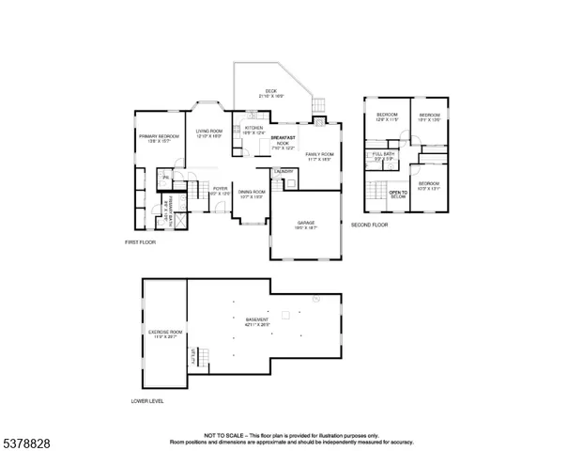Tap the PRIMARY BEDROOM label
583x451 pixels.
pyautogui.click(x=160, y=137)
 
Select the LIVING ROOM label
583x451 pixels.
pyautogui.click(x=208, y=132)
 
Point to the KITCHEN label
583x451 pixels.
pyautogui.click(x=253, y=128)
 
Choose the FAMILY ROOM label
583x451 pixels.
pyautogui.click(x=319, y=154)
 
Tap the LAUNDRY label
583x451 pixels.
pyautogui.click(x=284, y=171)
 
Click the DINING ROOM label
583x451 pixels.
pyautogui.click(x=252, y=192)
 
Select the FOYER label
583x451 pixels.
pyautogui.click(x=220, y=189)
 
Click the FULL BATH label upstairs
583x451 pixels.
pyautogui.click(x=383, y=154)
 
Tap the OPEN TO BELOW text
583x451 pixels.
pyautogui.click(x=398, y=194)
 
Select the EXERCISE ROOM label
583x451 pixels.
pyautogui.click(x=164, y=333)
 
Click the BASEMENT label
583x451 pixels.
pyautogui.click(x=257, y=320)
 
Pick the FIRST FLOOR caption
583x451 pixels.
pyautogui.click(x=140, y=241)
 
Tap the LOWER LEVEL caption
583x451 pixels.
pyautogui.click(x=147, y=401)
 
